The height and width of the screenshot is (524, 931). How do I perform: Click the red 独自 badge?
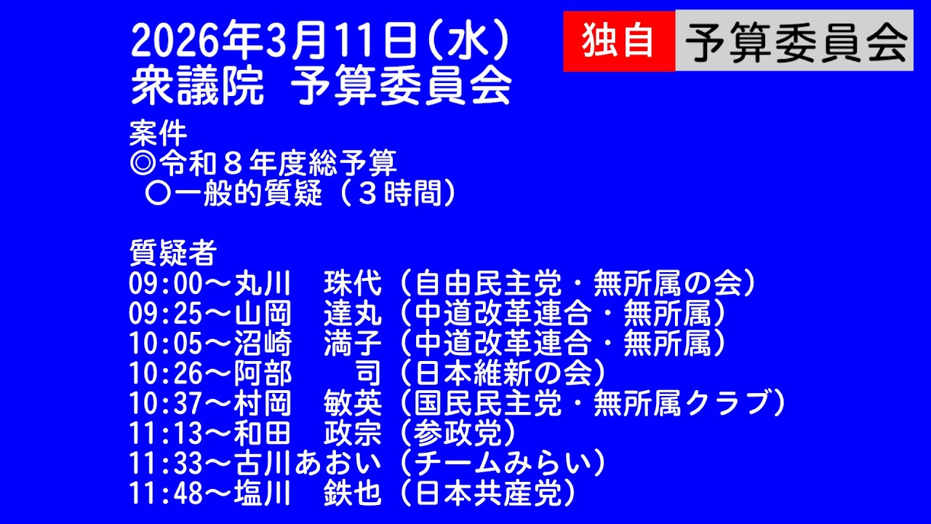pyautogui.click(x=618, y=41)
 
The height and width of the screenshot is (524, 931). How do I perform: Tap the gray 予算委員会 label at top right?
pyautogui.click(x=794, y=41)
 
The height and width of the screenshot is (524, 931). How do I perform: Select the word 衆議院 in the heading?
pyautogui.click(x=196, y=87)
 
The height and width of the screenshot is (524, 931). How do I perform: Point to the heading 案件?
pyautogui.click(x=158, y=134)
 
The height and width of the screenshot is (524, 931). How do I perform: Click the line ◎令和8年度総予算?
pyautogui.click(x=263, y=164)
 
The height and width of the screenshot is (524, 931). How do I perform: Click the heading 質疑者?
pyautogui.click(x=172, y=253)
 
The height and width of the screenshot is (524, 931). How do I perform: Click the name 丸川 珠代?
pyautogui.click(x=308, y=283)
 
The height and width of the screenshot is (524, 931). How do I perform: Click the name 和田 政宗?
pyautogui.click(x=308, y=434)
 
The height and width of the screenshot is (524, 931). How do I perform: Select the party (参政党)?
pyautogui.click(x=458, y=434)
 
